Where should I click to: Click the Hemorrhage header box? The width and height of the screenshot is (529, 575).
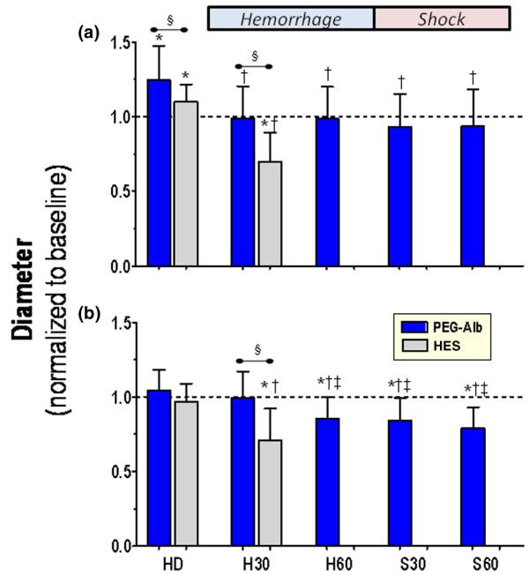click(x=291, y=19)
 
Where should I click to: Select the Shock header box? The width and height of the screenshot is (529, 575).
click(x=442, y=19)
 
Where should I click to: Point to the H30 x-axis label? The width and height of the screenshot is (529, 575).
click(x=255, y=563)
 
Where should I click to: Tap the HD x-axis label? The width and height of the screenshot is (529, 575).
click(x=172, y=563)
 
